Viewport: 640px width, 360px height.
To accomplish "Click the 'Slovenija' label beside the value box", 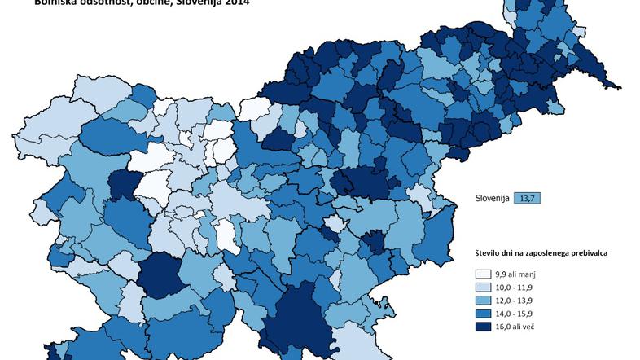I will pos(493,198).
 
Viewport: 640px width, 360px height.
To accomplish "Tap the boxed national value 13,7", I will pos(528,198).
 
